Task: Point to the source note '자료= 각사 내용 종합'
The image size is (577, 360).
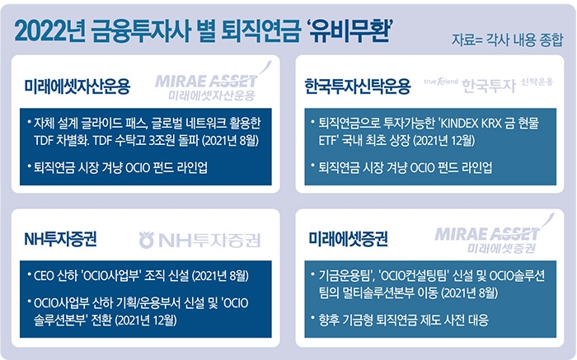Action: coord(507,40)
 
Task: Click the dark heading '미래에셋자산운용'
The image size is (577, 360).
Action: coord(77,86)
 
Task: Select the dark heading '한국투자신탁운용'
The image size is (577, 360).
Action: coord(357,86)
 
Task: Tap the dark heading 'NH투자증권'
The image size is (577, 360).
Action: coord(61,240)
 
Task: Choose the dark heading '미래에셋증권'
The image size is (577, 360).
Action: coord(348,240)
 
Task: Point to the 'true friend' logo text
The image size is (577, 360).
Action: coord(441,82)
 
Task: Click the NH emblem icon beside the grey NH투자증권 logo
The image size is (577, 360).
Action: coord(146,240)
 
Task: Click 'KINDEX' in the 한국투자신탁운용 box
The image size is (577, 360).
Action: coord(459,124)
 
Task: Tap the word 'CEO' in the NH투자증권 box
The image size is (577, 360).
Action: coord(44,276)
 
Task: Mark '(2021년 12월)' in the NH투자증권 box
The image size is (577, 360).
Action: coord(146,320)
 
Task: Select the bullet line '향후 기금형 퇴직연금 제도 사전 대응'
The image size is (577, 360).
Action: coord(404,320)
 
